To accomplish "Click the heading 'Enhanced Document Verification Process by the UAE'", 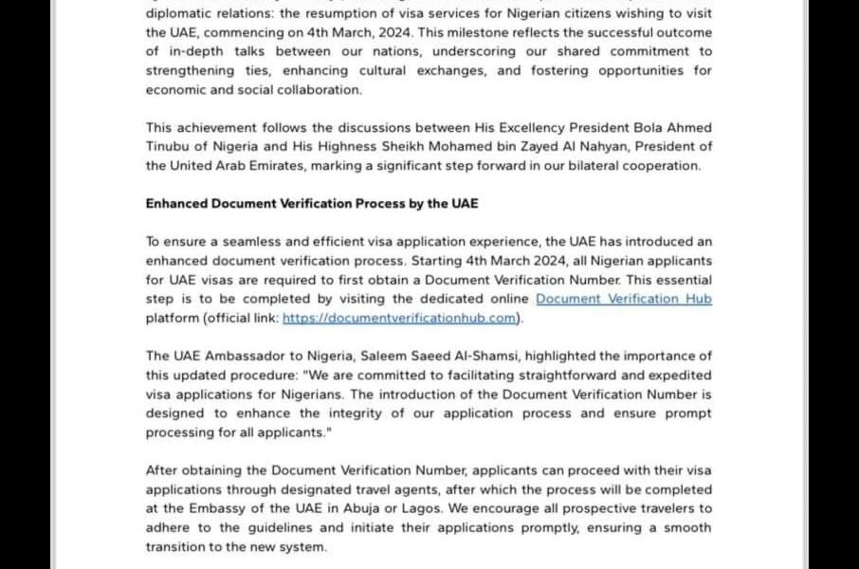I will tap(312, 203).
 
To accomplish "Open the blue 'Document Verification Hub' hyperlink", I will tap(624, 299).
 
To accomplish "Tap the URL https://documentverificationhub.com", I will tap(400, 318).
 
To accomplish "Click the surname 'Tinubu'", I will tap(169, 147).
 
